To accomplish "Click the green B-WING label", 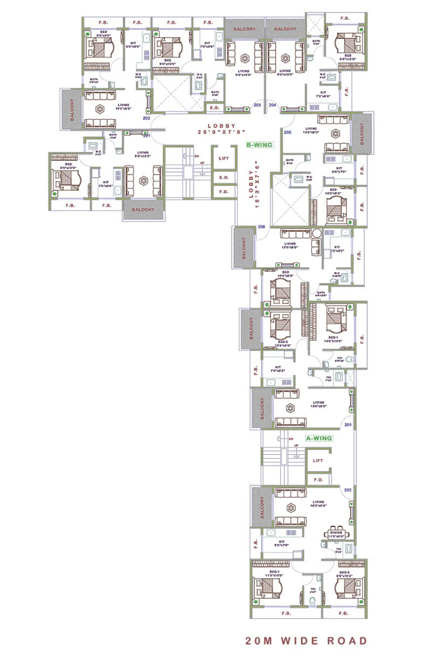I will [x=260, y=145].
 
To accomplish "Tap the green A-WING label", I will [x=319, y=439].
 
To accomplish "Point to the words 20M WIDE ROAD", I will [x=306, y=641].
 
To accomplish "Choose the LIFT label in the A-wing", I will [x=318, y=461].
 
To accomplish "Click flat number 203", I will [x=257, y=105].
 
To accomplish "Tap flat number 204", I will [x=272, y=105].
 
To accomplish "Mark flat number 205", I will [x=287, y=132].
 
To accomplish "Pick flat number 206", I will [x=261, y=226].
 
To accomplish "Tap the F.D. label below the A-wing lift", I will [x=318, y=479].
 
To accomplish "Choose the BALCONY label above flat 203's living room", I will [x=244, y=29].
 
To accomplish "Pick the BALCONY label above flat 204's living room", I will [x=285, y=29].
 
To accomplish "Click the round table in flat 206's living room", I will [x=317, y=234].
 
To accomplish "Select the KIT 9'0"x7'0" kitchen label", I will [x=281, y=543].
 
